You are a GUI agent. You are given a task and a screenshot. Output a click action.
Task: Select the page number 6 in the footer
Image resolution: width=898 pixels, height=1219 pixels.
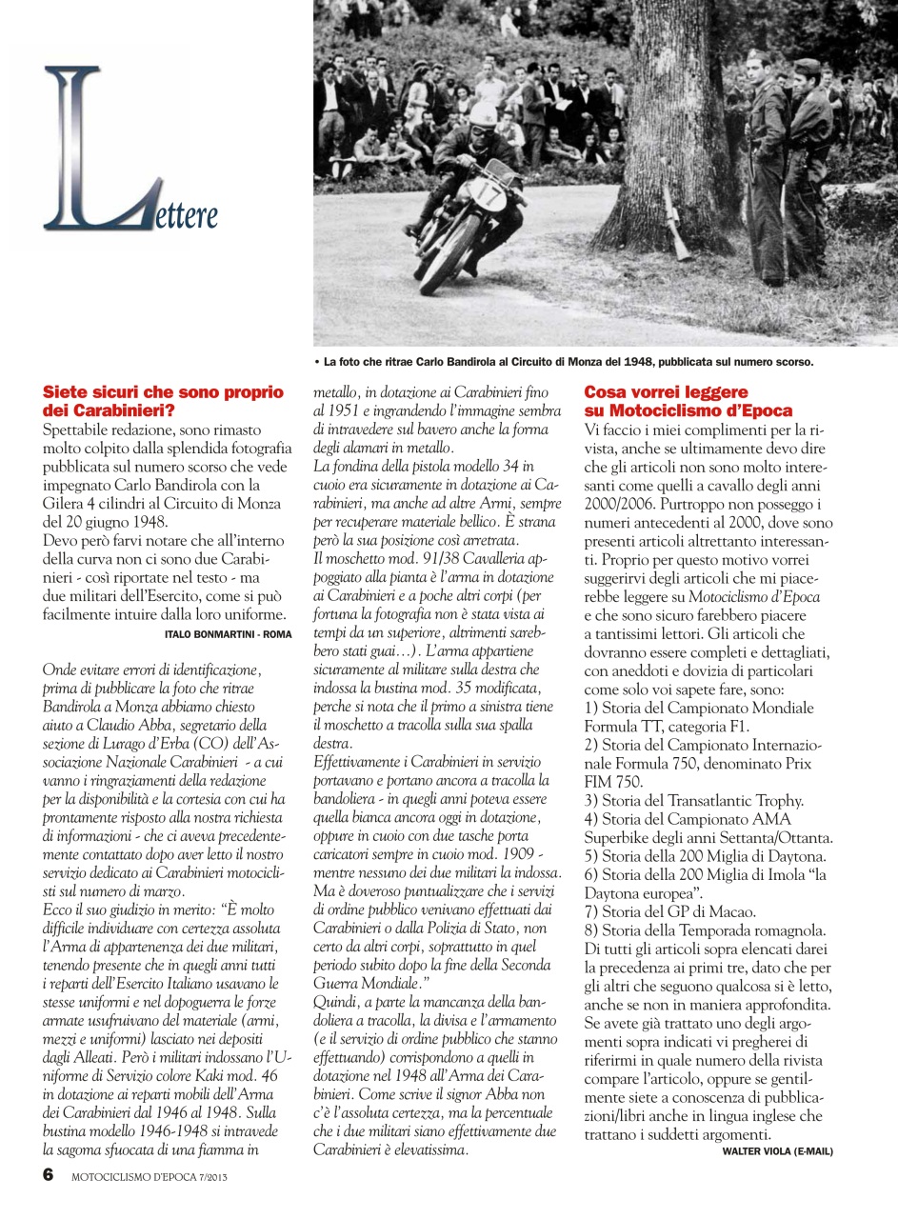49,1174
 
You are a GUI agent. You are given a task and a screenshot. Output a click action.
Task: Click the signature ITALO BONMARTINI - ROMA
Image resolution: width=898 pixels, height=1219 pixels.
228,633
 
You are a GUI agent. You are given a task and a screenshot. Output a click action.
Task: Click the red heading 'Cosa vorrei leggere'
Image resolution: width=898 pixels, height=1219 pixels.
666,392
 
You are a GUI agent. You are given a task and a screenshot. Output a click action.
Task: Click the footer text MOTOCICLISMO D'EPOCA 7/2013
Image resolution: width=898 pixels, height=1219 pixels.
150,1176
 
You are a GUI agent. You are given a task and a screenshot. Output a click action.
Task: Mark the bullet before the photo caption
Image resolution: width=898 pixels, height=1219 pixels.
317,363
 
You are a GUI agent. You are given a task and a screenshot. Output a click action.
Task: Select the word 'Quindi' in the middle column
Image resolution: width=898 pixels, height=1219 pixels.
337,1020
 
